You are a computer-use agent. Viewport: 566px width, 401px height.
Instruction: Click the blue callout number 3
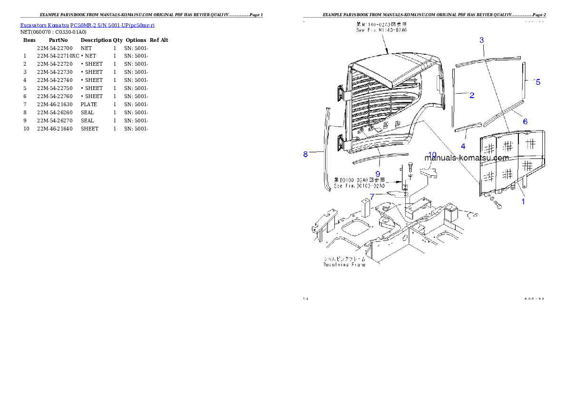pos(481,40)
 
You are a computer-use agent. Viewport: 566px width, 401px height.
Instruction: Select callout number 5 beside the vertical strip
pos(538,82)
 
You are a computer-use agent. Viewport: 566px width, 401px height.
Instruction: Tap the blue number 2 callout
pos(472,95)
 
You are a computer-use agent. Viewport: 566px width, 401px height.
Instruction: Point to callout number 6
pos(525,121)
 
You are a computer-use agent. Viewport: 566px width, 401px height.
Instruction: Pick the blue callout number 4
pos(463,146)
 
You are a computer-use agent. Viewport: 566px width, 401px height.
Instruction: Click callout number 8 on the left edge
pos(305,154)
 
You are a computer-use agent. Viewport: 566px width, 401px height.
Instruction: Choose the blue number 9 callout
pos(378,174)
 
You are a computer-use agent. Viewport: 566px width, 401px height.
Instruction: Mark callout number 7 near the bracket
pos(372,196)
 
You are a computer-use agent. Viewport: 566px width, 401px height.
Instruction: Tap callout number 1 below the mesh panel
pos(523,201)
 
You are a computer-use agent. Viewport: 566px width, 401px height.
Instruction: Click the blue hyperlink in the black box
pos(87,25)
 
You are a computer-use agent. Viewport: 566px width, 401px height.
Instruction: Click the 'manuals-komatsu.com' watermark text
pos(467,158)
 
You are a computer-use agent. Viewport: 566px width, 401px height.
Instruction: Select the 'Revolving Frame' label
pos(345,264)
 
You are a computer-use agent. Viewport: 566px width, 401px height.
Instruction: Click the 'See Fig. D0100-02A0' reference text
pos(359,186)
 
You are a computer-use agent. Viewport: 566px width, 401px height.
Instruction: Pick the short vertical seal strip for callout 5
pos(524,81)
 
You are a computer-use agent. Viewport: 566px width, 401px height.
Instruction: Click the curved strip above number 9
pos(383,158)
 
